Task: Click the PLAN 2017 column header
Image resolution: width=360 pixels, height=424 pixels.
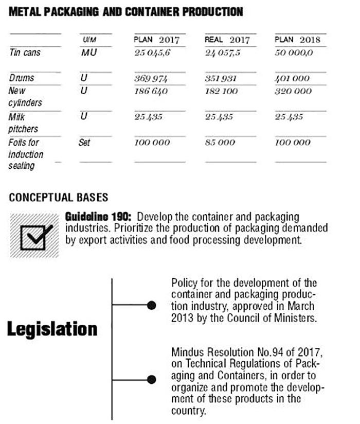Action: pyautogui.click(x=153, y=40)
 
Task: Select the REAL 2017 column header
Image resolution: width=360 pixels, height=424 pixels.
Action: pyautogui.click(x=227, y=40)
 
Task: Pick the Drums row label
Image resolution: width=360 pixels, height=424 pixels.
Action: pyautogui.click(x=22, y=78)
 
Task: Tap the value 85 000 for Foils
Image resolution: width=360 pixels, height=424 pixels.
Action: pyautogui.click(x=220, y=143)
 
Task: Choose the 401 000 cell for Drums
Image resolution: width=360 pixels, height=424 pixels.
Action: pyautogui.click(x=293, y=78)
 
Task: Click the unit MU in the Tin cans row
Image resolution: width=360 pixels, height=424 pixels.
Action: pyautogui.click(x=89, y=52)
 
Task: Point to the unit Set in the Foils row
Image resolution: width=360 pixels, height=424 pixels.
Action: pyautogui.click(x=84, y=143)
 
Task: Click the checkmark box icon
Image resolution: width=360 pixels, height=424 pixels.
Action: pyautogui.click(x=34, y=236)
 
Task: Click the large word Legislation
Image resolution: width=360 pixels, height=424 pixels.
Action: pyautogui.click(x=52, y=329)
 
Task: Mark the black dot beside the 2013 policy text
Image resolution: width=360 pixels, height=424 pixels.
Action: pyautogui.click(x=151, y=305)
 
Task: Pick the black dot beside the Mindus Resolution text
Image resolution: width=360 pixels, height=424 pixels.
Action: pyautogui.click(x=151, y=380)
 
